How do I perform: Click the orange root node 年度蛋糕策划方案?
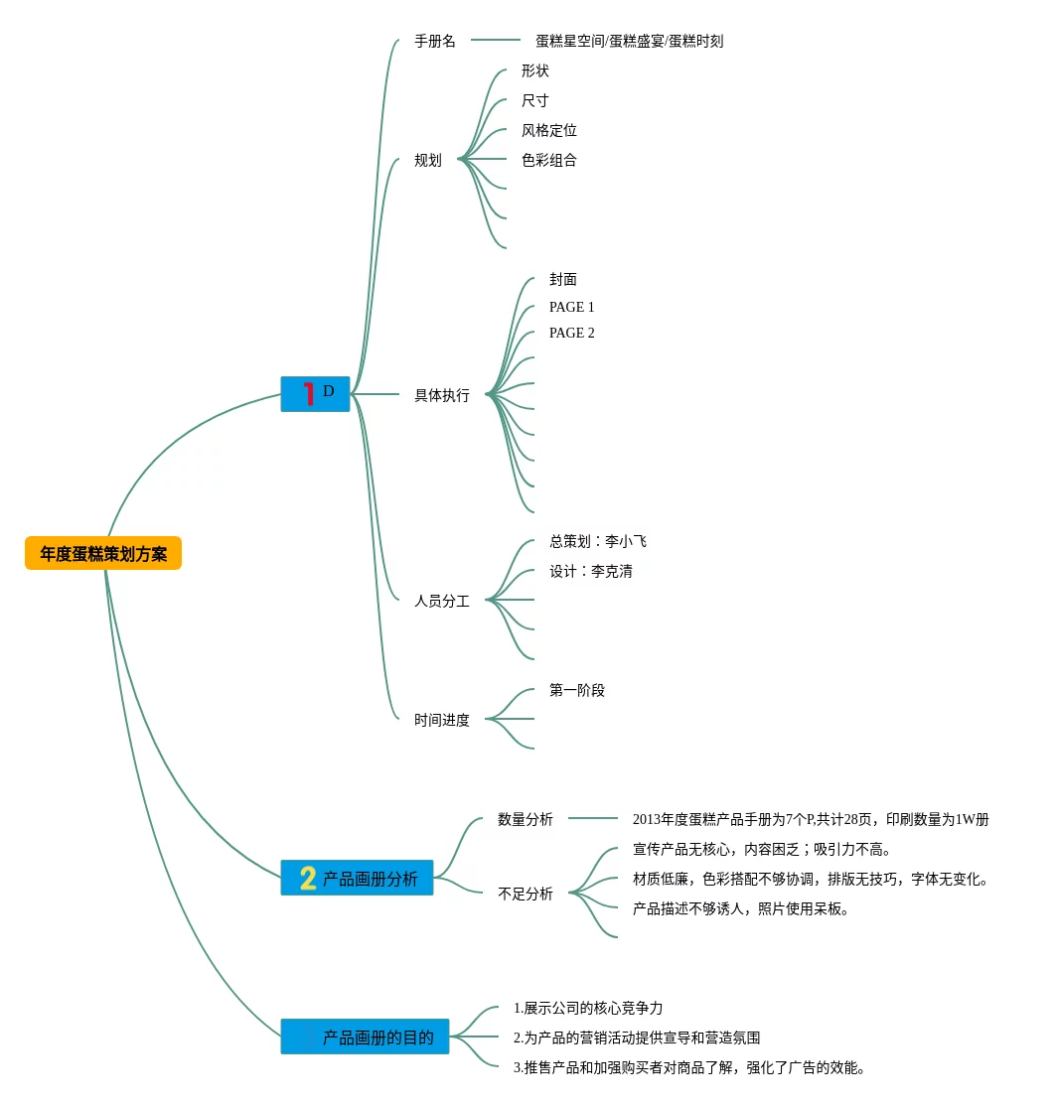(x=103, y=553)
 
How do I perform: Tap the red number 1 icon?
(x=308, y=393)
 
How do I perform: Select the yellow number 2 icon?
(x=308, y=878)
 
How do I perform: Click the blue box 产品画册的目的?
(x=365, y=1037)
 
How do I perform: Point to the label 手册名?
(x=435, y=41)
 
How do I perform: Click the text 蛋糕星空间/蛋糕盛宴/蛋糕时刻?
(x=629, y=41)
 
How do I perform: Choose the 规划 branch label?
(x=428, y=160)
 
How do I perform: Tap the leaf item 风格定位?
(x=548, y=130)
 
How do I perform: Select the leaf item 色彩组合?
(x=548, y=160)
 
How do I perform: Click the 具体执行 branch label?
(x=442, y=395)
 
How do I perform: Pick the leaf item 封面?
(x=562, y=279)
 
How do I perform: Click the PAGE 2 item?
(x=571, y=333)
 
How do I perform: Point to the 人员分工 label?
(x=442, y=601)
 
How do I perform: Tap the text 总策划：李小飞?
(x=597, y=541)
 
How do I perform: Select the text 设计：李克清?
(x=590, y=571)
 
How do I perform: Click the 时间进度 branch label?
(x=442, y=720)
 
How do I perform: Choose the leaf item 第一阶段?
(x=576, y=690)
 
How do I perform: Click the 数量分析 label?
(x=526, y=819)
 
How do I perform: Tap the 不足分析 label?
(x=526, y=894)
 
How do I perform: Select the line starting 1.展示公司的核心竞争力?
(x=587, y=1008)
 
